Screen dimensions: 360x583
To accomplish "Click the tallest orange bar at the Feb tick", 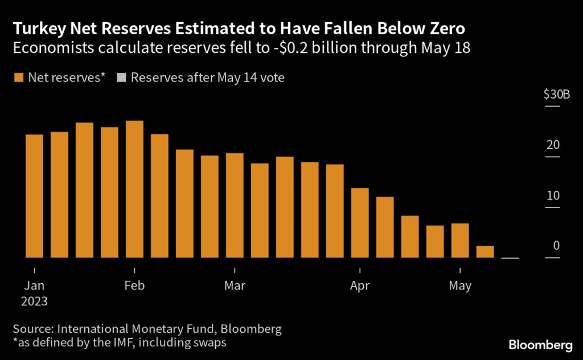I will [134, 189].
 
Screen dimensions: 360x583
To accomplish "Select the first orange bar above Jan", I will [34, 196].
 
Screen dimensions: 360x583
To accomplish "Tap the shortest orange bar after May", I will [485, 252].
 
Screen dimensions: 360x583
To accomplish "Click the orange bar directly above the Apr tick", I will [360, 223].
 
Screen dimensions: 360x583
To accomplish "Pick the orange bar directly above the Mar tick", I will [235, 205].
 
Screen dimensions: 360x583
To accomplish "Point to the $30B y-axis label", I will [556, 94].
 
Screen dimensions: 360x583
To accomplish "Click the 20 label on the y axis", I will [552, 145].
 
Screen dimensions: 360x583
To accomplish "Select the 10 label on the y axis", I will [552, 196].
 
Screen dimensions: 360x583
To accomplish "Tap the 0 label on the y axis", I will [556, 246].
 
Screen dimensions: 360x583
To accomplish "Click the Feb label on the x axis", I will [134, 285].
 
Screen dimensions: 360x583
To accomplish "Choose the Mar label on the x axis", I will [235, 285].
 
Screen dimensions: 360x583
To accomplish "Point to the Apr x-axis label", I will [360, 285].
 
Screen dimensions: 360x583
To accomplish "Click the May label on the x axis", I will [460, 285].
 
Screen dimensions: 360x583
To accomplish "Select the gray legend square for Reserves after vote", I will [121, 78].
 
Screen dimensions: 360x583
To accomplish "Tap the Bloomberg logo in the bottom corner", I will [540, 344].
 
